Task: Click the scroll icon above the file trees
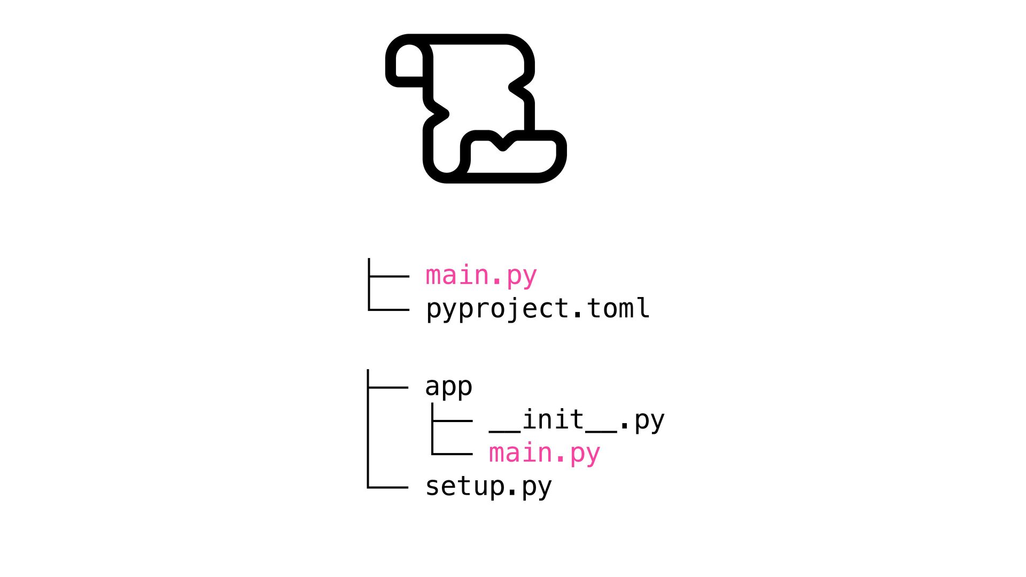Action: pos(476,108)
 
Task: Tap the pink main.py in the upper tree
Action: pos(481,276)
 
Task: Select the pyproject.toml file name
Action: pos(538,309)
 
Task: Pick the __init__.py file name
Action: pos(577,420)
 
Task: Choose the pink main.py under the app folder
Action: pos(545,454)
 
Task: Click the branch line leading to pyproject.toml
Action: pos(389,309)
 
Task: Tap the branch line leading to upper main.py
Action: pos(389,276)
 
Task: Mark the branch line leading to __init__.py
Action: pos(452,421)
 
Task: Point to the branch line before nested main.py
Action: pos(452,454)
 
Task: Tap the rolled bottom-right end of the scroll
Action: pos(513,158)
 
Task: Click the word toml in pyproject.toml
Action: pos(618,309)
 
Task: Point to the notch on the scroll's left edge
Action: pos(442,114)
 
